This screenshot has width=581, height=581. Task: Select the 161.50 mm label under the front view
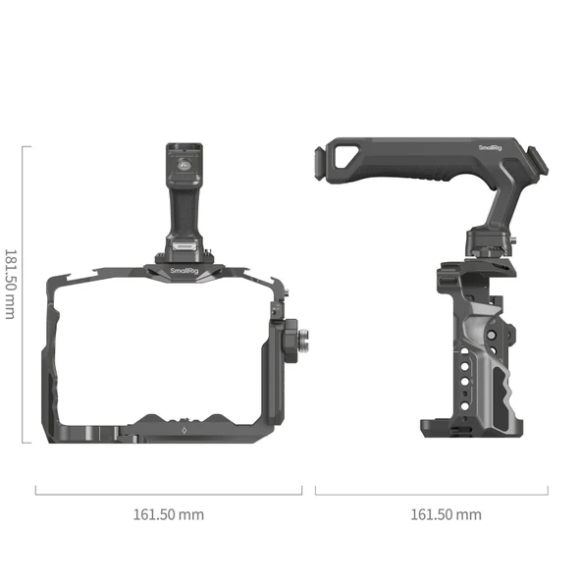168,513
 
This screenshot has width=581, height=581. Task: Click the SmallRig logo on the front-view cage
183,272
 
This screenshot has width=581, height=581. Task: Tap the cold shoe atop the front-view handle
183,160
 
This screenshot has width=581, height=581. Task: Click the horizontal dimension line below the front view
168,490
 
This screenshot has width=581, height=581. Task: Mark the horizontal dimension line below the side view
431,490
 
